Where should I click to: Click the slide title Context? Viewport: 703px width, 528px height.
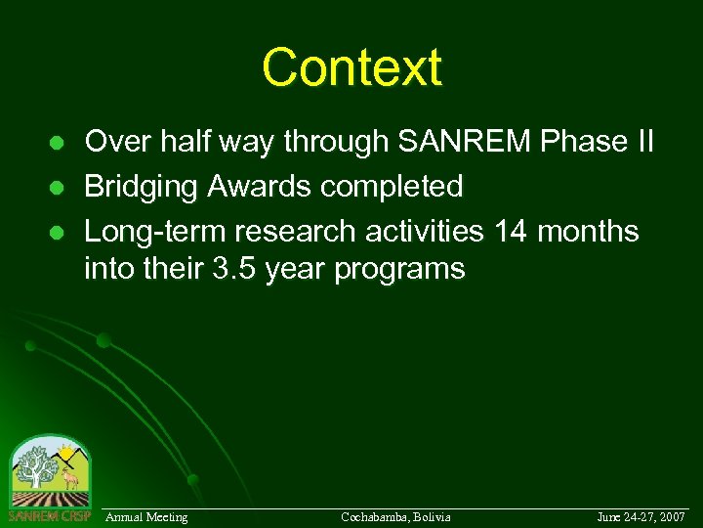(x=351, y=67)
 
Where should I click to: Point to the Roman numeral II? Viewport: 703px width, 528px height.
(x=641, y=143)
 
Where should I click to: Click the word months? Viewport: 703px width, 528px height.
(x=591, y=232)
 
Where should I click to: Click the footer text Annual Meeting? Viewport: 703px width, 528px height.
(x=146, y=516)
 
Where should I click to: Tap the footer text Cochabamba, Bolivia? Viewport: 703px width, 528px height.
(x=395, y=516)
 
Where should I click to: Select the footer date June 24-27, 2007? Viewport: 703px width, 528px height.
(x=641, y=516)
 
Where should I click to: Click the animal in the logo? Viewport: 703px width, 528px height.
(x=68, y=480)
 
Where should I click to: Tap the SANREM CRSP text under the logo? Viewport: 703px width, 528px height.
(x=49, y=515)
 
